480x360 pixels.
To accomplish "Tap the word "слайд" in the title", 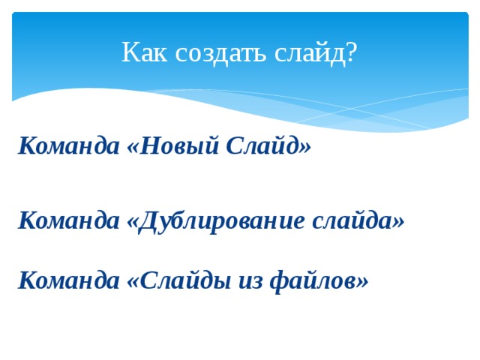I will point(307,53).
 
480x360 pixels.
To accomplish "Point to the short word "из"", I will point(247,280).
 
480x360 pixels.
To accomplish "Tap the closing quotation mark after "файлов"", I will point(363,279).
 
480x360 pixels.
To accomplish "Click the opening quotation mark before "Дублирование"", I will point(132,220).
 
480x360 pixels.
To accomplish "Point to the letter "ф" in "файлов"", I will point(276,281).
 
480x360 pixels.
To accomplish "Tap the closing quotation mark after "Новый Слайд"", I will point(304,144).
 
